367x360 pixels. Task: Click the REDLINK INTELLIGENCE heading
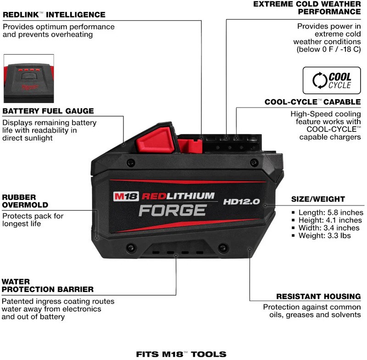click(x=54, y=15)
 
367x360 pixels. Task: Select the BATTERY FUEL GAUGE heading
click(x=48, y=111)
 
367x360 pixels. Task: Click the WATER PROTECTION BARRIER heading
click(x=48, y=285)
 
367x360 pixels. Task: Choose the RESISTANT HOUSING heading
click(x=318, y=297)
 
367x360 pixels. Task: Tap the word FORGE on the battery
click(x=172, y=210)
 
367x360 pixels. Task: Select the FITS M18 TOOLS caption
click(x=181, y=354)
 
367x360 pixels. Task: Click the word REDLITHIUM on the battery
click(x=178, y=196)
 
